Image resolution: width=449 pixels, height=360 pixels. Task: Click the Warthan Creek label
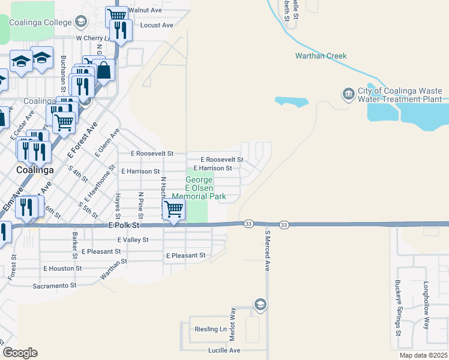click(321, 56)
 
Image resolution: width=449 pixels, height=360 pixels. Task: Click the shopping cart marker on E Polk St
click(173, 210)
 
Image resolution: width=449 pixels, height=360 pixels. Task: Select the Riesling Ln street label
click(210, 329)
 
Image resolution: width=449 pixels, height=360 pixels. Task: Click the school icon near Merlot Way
click(260, 304)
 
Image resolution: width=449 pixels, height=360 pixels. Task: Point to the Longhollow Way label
click(426, 305)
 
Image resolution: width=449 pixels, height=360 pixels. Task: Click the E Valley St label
click(133, 239)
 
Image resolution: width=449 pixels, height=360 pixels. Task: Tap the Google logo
click(20, 353)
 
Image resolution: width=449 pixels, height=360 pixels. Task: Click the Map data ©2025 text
click(423, 355)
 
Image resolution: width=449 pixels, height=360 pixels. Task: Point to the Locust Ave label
click(156, 25)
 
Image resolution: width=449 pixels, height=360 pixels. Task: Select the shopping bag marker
click(104, 70)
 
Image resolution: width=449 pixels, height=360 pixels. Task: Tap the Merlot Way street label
click(232, 322)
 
